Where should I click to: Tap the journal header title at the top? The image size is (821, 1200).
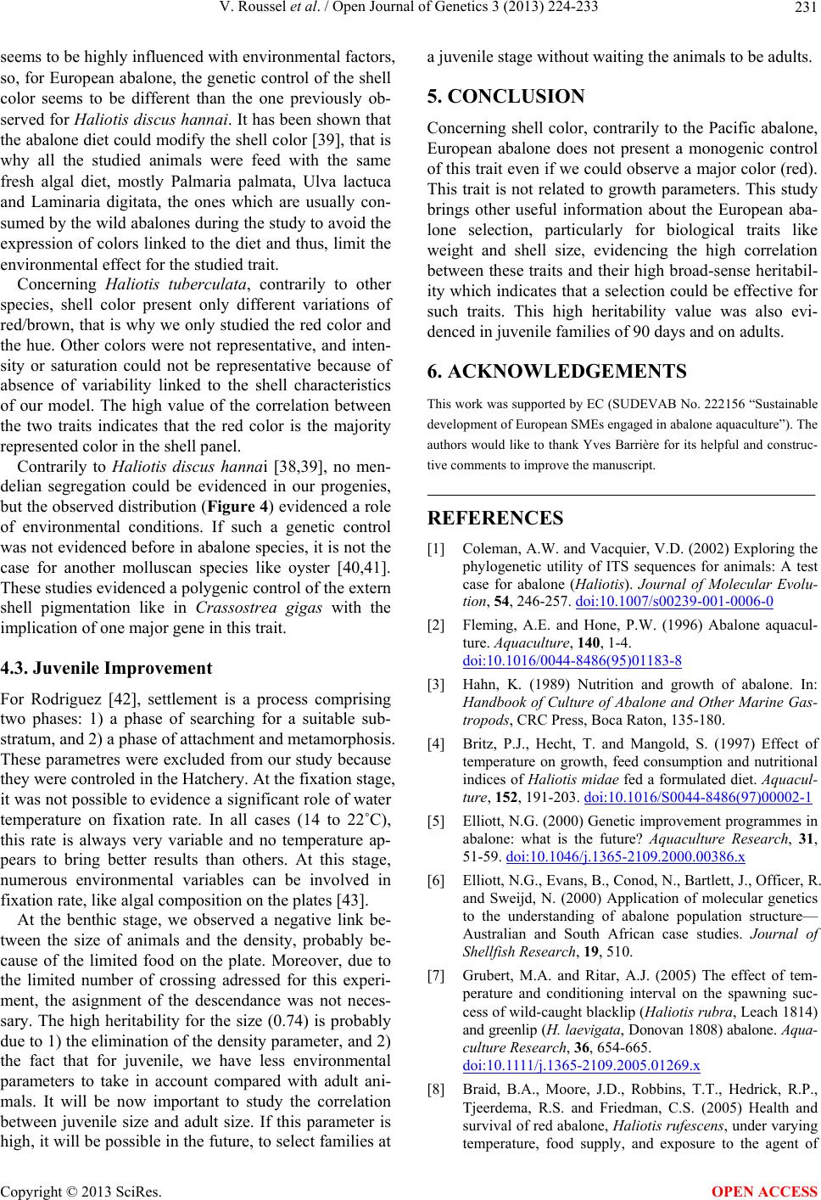[x=410, y=10]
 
